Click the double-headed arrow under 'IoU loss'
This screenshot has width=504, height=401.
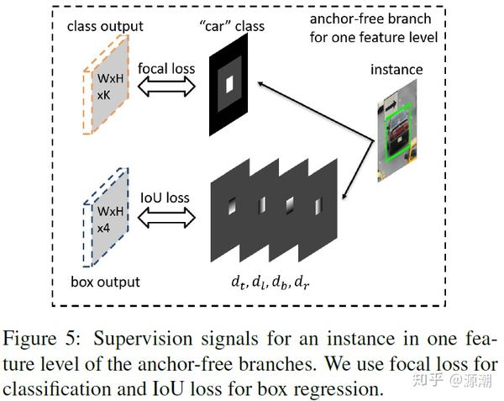tap(166, 218)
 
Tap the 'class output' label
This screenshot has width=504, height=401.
tap(105, 27)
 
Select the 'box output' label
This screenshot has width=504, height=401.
tap(106, 282)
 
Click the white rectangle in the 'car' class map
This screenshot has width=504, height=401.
tap(229, 85)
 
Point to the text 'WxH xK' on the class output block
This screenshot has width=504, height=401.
tap(110, 87)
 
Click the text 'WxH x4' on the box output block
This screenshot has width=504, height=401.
tap(110, 219)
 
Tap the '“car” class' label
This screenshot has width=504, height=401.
tap(232, 26)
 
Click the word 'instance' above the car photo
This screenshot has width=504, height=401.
tap(396, 70)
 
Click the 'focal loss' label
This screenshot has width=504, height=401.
tap(166, 68)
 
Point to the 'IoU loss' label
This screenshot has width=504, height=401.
tap(165, 198)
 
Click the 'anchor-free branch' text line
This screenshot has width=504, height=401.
tap(370, 19)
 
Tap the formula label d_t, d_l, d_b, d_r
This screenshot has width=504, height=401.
tap(270, 282)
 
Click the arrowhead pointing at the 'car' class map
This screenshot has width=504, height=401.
tap(261, 84)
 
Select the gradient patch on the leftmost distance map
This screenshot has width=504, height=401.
tap(232, 206)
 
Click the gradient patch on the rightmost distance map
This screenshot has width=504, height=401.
tap(318, 207)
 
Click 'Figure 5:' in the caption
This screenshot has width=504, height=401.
tap(41, 339)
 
